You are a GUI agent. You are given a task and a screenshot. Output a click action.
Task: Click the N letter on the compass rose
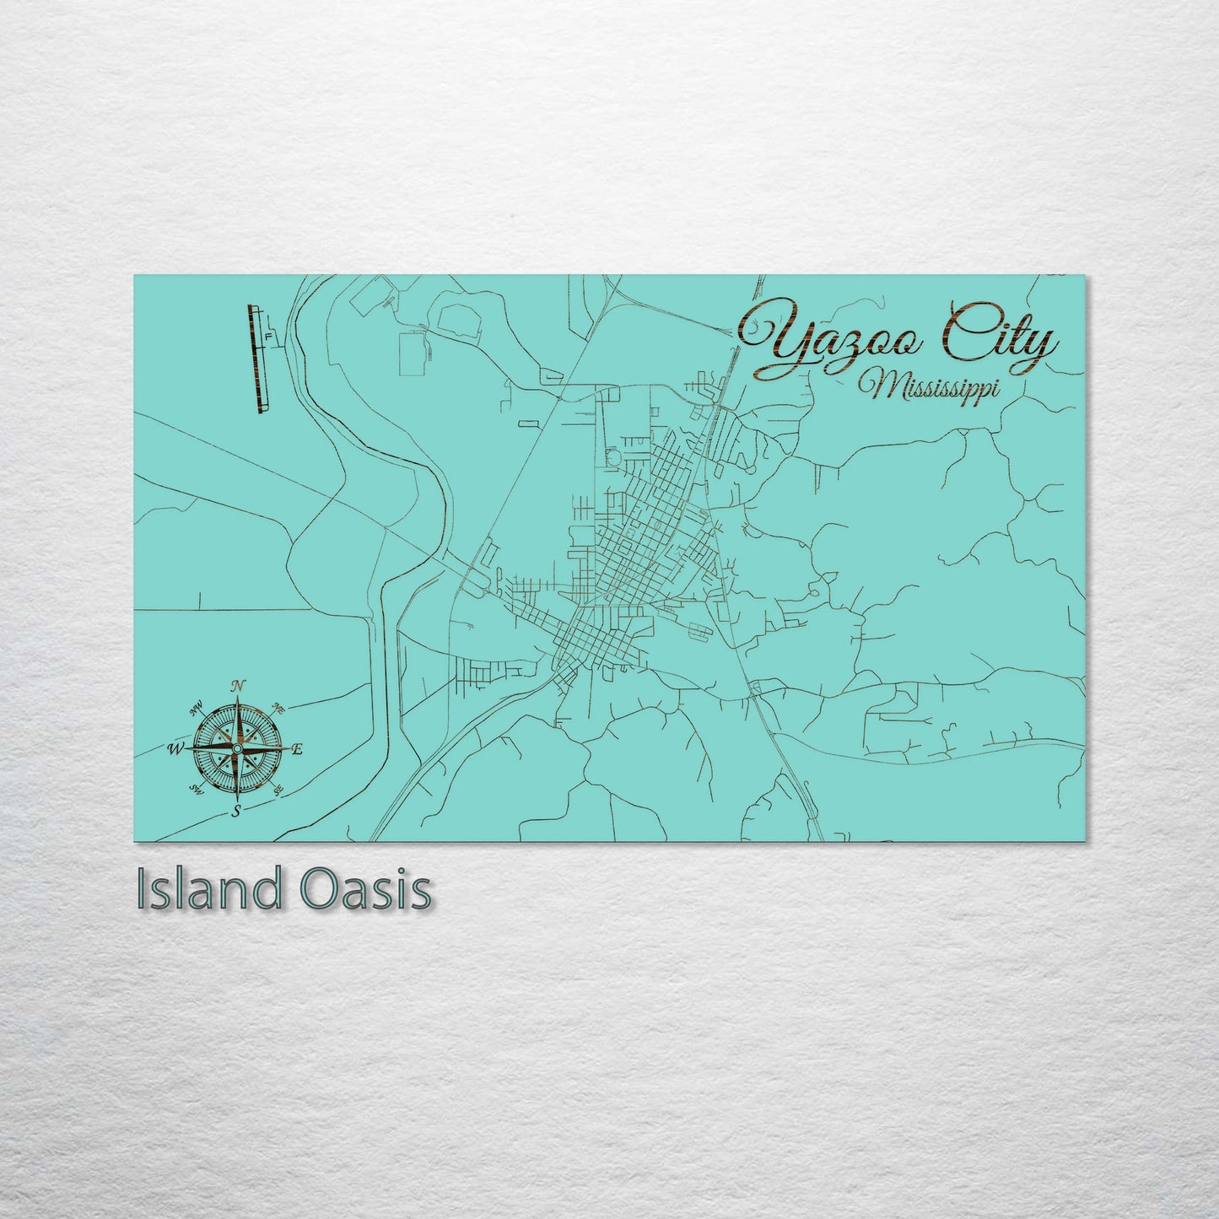pyautogui.click(x=239, y=685)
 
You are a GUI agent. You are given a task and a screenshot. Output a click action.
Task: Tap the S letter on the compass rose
pyautogui.click(x=237, y=812)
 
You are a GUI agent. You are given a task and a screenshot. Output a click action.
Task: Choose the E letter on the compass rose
pyautogui.click(x=297, y=748)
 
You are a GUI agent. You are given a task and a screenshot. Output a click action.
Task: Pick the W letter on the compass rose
pyautogui.click(x=177, y=748)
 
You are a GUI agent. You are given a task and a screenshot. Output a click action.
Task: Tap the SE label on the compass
pyautogui.click(x=278, y=790)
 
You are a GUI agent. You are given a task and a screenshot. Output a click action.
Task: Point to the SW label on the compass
pyautogui.click(x=197, y=790)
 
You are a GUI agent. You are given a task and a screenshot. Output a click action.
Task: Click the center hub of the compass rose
pyautogui.click(x=237, y=748)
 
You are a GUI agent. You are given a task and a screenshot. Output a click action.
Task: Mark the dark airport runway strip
pyautogui.click(x=254, y=359)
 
